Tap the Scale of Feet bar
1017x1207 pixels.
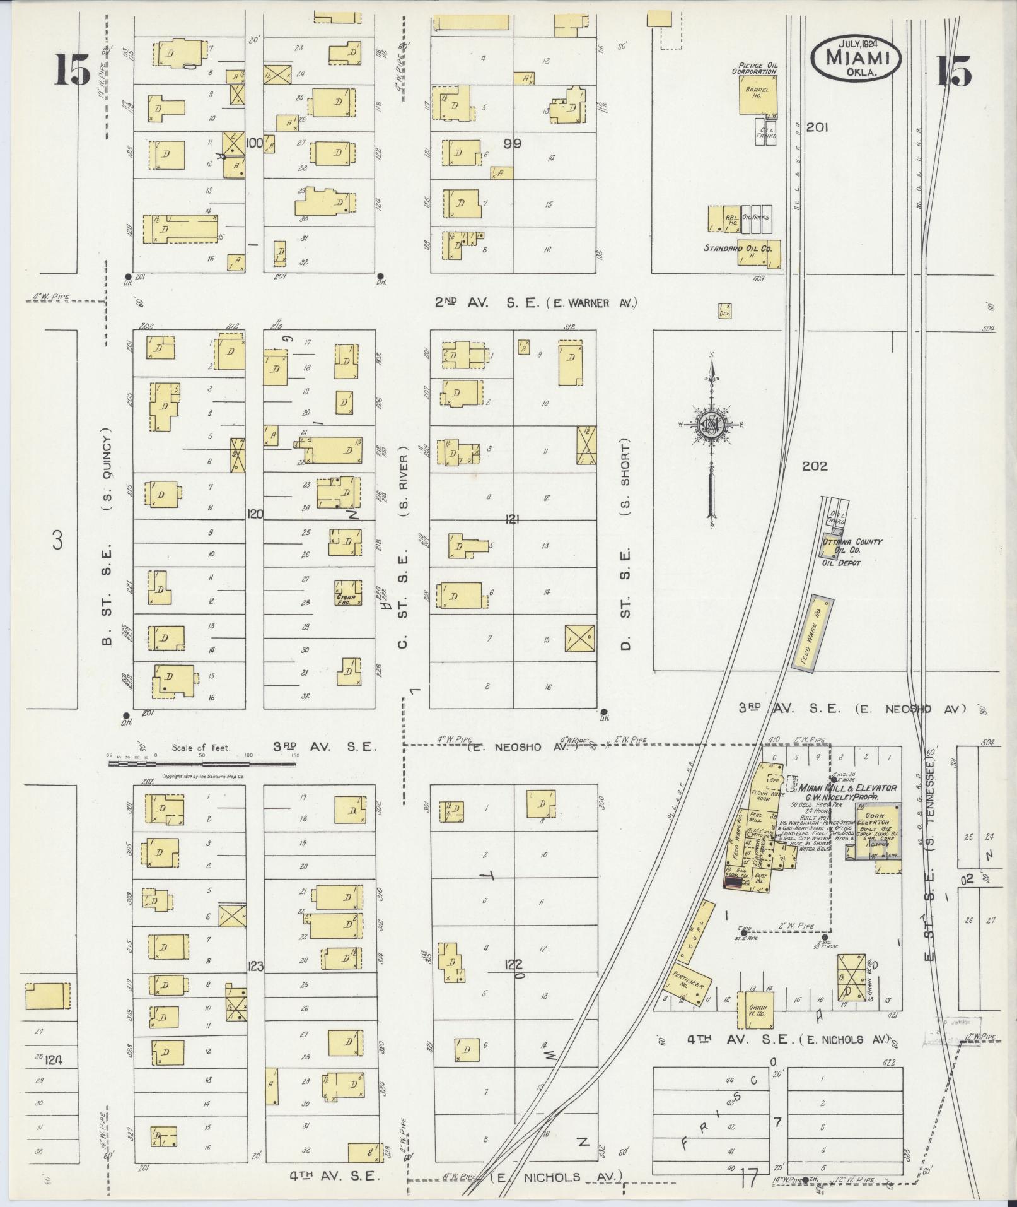click(x=202, y=763)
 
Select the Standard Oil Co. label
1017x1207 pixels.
click(x=738, y=249)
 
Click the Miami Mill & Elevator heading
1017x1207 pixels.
click(x=848, y=788)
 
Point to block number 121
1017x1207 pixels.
click(x=511, y=519)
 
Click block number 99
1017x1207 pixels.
click(x=513, y=144)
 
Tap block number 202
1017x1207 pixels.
click(x=815, y=467)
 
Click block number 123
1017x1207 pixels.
click(x=255, y=965)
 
